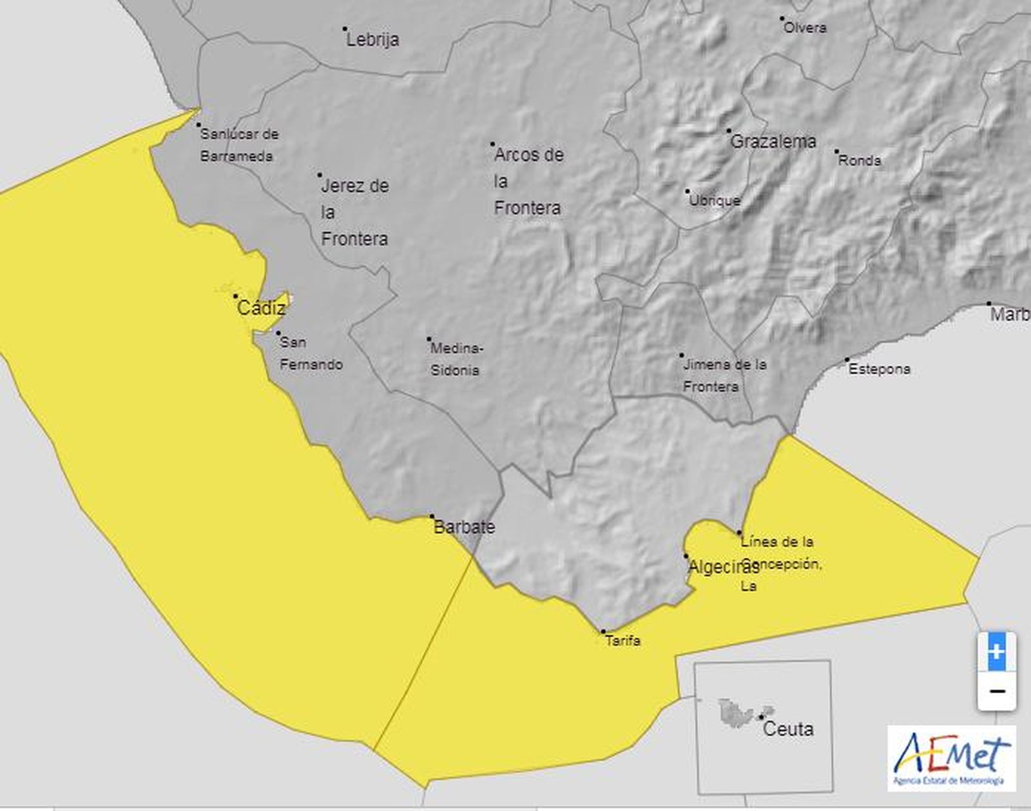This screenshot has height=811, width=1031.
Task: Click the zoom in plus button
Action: pyautogui.click(x=996, y=651)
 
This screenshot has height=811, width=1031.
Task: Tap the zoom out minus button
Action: pyautogui.click(x=996, y=691)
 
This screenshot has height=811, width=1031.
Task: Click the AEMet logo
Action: pyautogui.click(x=951, y=758)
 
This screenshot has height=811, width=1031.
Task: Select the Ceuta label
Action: pyautogui.click(x=787, y=729)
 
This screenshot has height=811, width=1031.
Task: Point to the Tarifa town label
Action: pyautogui.click(x=622, y=641)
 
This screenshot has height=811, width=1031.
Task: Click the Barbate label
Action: pyautogui.click(x=464, y=527)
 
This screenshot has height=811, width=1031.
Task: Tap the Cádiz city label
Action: pyautogui.click(x=261, y=308)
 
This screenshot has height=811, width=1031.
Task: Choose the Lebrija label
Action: pyautogui.click(x=372, y=39)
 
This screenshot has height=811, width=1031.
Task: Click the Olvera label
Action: pyautogui.click(x=805, y=28)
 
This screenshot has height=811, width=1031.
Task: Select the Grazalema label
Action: pyautogui.click(x=773, y=141)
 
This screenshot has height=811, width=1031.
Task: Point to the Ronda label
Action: pyautogui.click(x=859, y=161)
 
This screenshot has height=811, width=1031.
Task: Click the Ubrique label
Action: pyautogui.click(x=715, y=200)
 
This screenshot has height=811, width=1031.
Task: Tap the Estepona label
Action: pyautogui.click(x=879, y=369)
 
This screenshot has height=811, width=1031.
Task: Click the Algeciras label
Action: pyautogui.click(x=722, y=567)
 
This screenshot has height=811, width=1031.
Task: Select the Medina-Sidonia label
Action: pyautogui.click(x=456, y=360)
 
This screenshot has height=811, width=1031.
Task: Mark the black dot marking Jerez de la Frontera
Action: pyautogui.click(x=320, y=175)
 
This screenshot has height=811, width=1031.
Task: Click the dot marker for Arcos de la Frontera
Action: pyautogui.click(x=492, y=144)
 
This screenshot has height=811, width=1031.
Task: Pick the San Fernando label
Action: pyautogui.click(x=311, y=353)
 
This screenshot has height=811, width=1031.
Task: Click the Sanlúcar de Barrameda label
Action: pyautogui.click(x=238, y=145)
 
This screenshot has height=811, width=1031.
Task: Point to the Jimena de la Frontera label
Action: pyautogui.click(x=724, y=375)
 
